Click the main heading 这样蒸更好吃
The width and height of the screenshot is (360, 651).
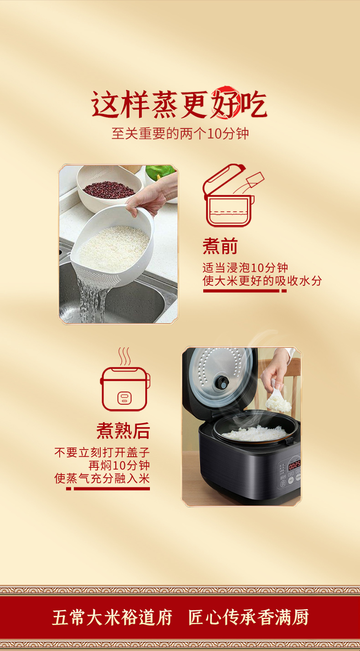coord(180,105)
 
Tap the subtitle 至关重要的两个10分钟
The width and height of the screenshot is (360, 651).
coord(180,134)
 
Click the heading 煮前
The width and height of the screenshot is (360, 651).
coord(220,247)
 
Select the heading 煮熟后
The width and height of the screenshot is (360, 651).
coord(123,430)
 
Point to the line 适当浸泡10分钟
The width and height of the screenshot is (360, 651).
coord(245,268)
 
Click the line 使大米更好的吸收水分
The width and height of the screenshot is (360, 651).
coord(262,281)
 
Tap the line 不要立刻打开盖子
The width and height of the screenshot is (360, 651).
coord(102,453)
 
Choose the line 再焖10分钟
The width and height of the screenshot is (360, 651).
coord(119,465)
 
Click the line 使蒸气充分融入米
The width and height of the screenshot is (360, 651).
coord(102,478)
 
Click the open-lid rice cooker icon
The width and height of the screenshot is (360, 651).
coord(230,196)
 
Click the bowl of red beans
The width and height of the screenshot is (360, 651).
coord(109,189)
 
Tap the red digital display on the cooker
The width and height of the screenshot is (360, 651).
coord(294,465)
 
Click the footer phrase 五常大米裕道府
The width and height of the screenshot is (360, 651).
coord(112,618)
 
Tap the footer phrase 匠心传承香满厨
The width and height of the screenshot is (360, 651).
coord(248,618)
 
